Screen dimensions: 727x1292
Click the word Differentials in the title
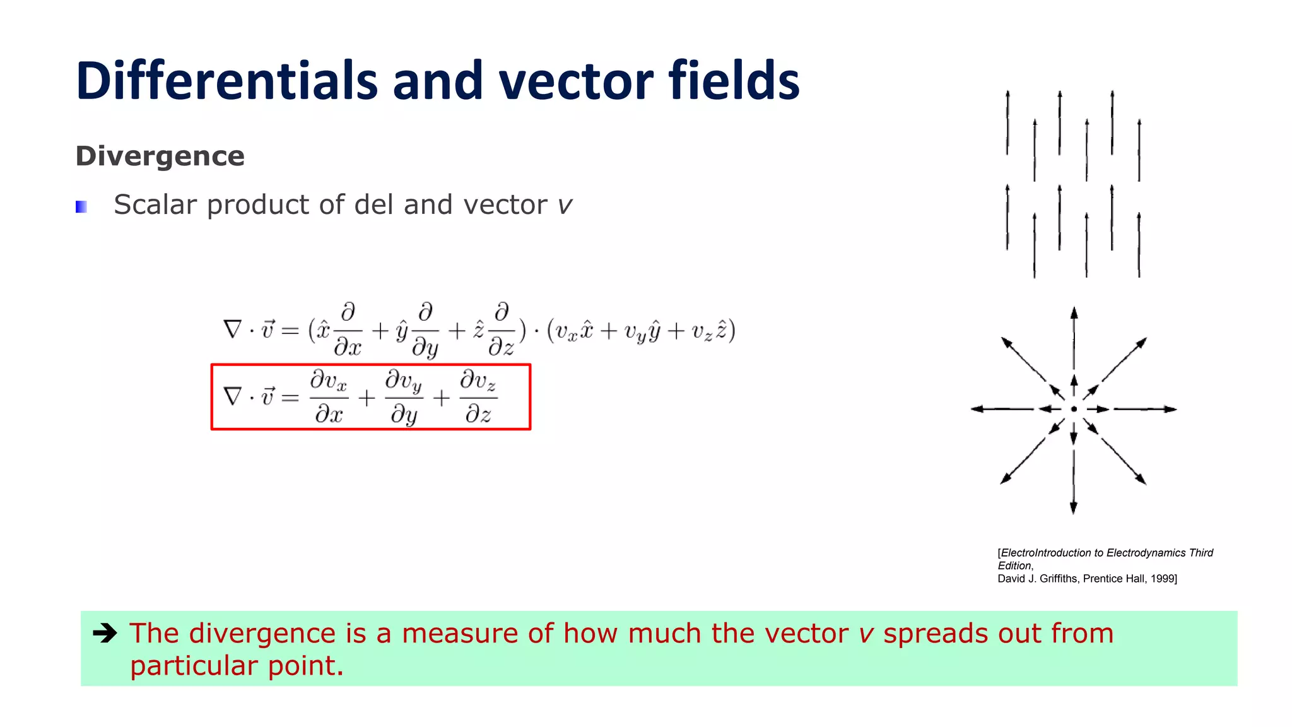coord(226,81)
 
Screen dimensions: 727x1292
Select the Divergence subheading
coord(160,156)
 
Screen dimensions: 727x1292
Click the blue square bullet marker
coord(81,206)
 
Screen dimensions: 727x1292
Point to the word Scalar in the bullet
coord(155,204)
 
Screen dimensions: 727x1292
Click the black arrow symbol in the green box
coord(105,633)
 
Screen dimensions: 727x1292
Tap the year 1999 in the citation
coord(1162,579)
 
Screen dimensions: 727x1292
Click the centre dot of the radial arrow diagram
coord(1074,409)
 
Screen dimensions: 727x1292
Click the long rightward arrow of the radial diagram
coord(1145,409)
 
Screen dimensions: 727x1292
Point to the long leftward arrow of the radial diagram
coord(1002,409)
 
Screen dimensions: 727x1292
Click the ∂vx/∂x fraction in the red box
coord(329,397)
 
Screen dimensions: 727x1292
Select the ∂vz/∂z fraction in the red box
coord(478,397)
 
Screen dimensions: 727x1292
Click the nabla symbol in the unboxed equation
coord(233,329)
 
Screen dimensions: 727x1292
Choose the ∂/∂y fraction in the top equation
coord(425,329)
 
